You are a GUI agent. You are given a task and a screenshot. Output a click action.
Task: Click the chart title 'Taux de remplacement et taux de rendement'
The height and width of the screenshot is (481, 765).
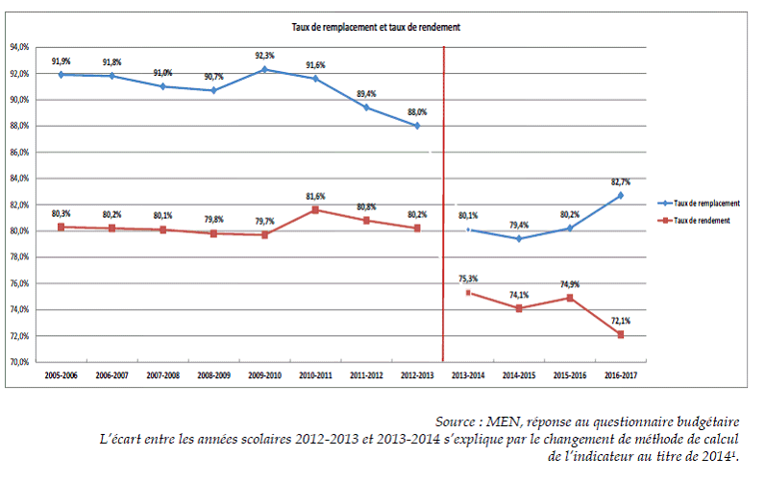(x=378, y=28)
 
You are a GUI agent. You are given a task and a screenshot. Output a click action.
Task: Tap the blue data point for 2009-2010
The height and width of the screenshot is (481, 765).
(x=264, y=69)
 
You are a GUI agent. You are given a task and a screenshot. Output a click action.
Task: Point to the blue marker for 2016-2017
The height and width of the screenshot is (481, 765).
(x=620, y=195)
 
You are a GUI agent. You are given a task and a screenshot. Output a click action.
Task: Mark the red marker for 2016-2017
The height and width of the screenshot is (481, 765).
(x=620, y=334)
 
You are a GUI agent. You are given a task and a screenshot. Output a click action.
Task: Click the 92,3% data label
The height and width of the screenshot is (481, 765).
(x=264, y=56)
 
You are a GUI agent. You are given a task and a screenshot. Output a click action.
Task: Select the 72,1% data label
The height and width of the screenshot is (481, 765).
(x=620, y=320)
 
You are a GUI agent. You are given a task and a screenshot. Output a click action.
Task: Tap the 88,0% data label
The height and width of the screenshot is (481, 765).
(x=417, y=111)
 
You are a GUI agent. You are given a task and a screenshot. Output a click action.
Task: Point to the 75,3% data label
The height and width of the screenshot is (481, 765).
(x=468, y=278)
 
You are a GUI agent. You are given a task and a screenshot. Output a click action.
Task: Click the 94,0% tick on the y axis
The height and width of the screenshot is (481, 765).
(x=21, y=47)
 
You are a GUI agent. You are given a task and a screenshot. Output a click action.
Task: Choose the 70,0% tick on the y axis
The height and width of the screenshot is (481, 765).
(x=21, y=363)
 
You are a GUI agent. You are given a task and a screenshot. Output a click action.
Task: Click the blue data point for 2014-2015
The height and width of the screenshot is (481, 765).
(x=519, y=238)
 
